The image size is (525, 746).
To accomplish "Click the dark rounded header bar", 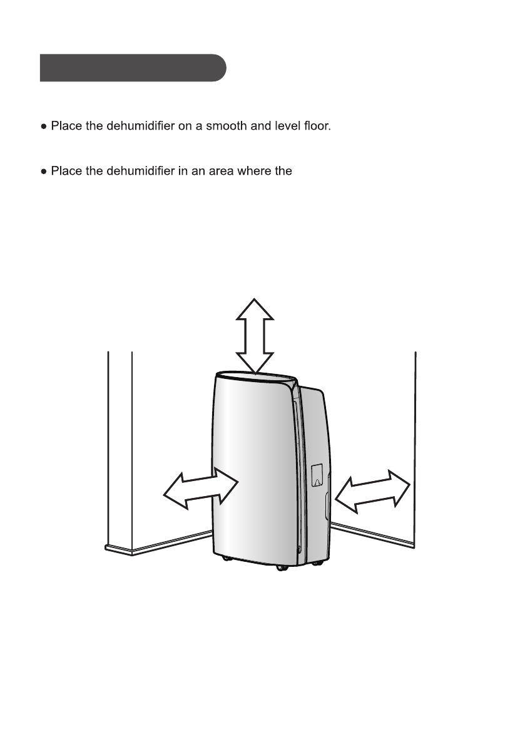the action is pyautogui.click(x=133, y=68).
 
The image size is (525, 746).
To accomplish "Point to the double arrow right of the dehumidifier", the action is pyautogui.click(x=372, y=489).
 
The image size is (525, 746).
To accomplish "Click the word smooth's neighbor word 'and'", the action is pyautogui.click(x=261, y=127).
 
